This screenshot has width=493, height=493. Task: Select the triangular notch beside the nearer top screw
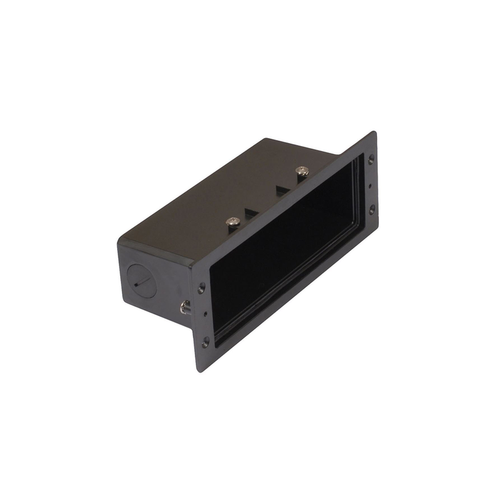click(x=251, y=213)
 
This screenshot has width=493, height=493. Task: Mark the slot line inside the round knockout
click(x=142, y=282)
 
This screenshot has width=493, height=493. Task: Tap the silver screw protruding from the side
click(x=184, y=306)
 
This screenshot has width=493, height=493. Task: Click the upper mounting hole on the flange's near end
click(x=202, y=288)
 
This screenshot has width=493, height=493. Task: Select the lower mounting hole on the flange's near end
click(x=205, y=341)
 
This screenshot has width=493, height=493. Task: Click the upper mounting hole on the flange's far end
click(x=370, y=158)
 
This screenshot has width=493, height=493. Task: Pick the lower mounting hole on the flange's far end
click(x=372, y=210)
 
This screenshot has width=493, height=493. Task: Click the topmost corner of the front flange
click(x=374, y=132)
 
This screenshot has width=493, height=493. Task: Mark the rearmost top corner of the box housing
click(x=266, y=139)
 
